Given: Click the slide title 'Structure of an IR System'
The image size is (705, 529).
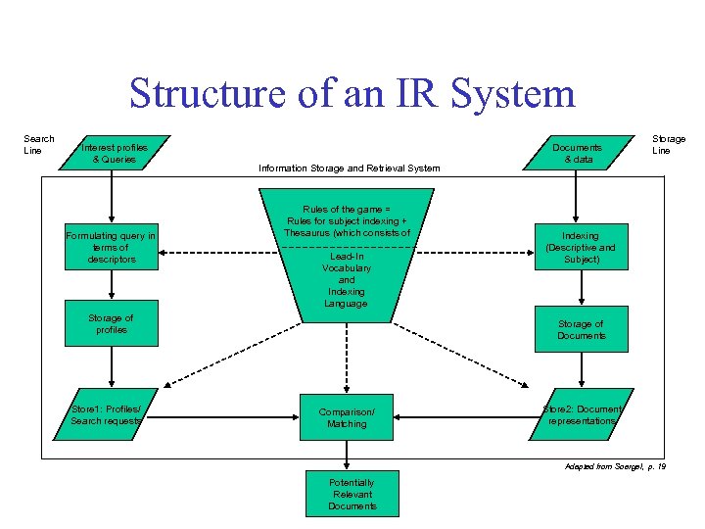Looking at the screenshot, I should pyautogui.click(x=352, y=94).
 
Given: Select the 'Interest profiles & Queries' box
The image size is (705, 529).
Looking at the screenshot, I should pyautogui.click(x=115, y=153).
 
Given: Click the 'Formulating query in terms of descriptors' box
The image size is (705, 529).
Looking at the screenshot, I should pyautogui.click(x=111, y=248).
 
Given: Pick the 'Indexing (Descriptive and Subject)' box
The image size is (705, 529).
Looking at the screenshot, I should pyautogui.click(x=581, y=248).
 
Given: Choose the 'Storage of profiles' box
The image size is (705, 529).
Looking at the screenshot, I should pyautogui.click(x=111, y=323).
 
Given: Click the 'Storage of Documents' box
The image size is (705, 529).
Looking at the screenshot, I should pyautogui.click(x=581, y=330).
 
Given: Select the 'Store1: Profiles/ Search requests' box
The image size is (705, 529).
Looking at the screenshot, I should pyautogui.click(x=111, y=414).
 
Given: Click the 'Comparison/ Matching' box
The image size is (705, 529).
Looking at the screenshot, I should pyautogui.click(x=347, y=418).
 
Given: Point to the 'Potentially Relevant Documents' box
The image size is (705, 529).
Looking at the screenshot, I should pyautogui.click(x=352, y=495).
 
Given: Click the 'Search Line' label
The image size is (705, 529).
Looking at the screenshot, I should pyautogui.click(x=38, y=144).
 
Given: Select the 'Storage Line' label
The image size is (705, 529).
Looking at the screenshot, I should pyautogui.click(x=669, y=144).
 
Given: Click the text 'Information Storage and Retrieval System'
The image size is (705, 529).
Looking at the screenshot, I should pyautogui.click(x=349, y=168).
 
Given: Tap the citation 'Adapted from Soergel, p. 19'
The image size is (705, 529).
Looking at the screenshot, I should pyautogui.click(x=615, y=467).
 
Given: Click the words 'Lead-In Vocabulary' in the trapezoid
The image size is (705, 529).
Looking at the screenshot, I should pyautogui.click(x=346, y=263).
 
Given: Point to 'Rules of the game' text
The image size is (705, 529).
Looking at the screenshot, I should pyautogui.click(x=346, y=210).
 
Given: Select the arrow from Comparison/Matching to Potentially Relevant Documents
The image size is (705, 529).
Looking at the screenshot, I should pyautogui.click(x=347, y=457).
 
